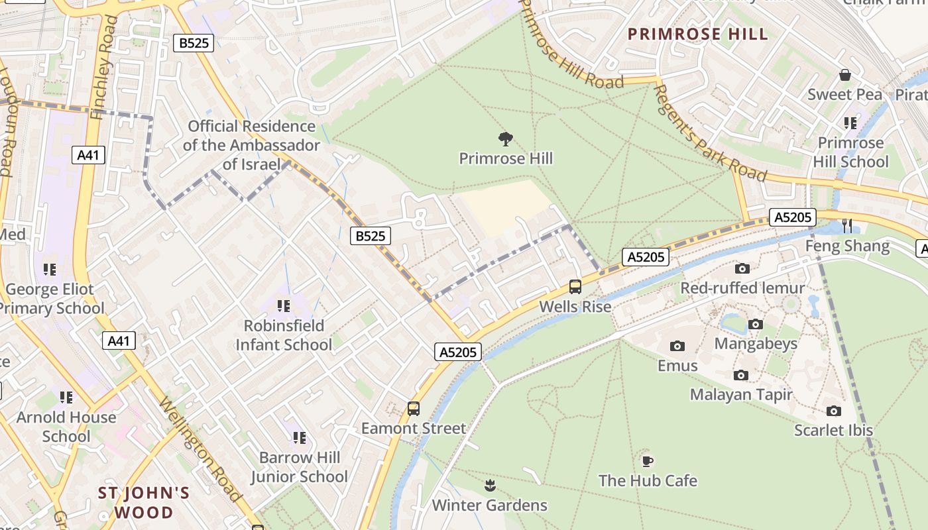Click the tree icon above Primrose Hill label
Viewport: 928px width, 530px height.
click(506, 138)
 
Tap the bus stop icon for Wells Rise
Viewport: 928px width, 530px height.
click(575, 287)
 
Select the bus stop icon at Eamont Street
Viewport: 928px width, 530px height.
click(414, 408)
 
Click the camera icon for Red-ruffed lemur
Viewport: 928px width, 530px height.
click(742, 268)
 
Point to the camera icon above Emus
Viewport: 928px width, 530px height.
click(677, 346)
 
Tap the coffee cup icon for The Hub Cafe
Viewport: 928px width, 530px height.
click(648, 460)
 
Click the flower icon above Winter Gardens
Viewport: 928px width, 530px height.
click(490, 486)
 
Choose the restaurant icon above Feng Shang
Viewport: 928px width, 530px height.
click(847, 226)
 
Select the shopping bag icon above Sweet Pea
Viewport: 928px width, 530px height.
click(845, 75)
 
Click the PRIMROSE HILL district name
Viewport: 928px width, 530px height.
click(697, 34)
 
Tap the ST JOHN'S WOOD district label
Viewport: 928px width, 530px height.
click(144, 503)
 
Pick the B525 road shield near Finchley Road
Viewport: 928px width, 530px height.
click(194, 43)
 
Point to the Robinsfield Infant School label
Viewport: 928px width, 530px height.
click(284, 335)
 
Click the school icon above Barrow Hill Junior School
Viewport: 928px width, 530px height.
click(300, 437)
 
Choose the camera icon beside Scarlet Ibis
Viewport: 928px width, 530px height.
click(834, 411)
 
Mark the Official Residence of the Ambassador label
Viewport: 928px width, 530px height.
click(251, 144)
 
